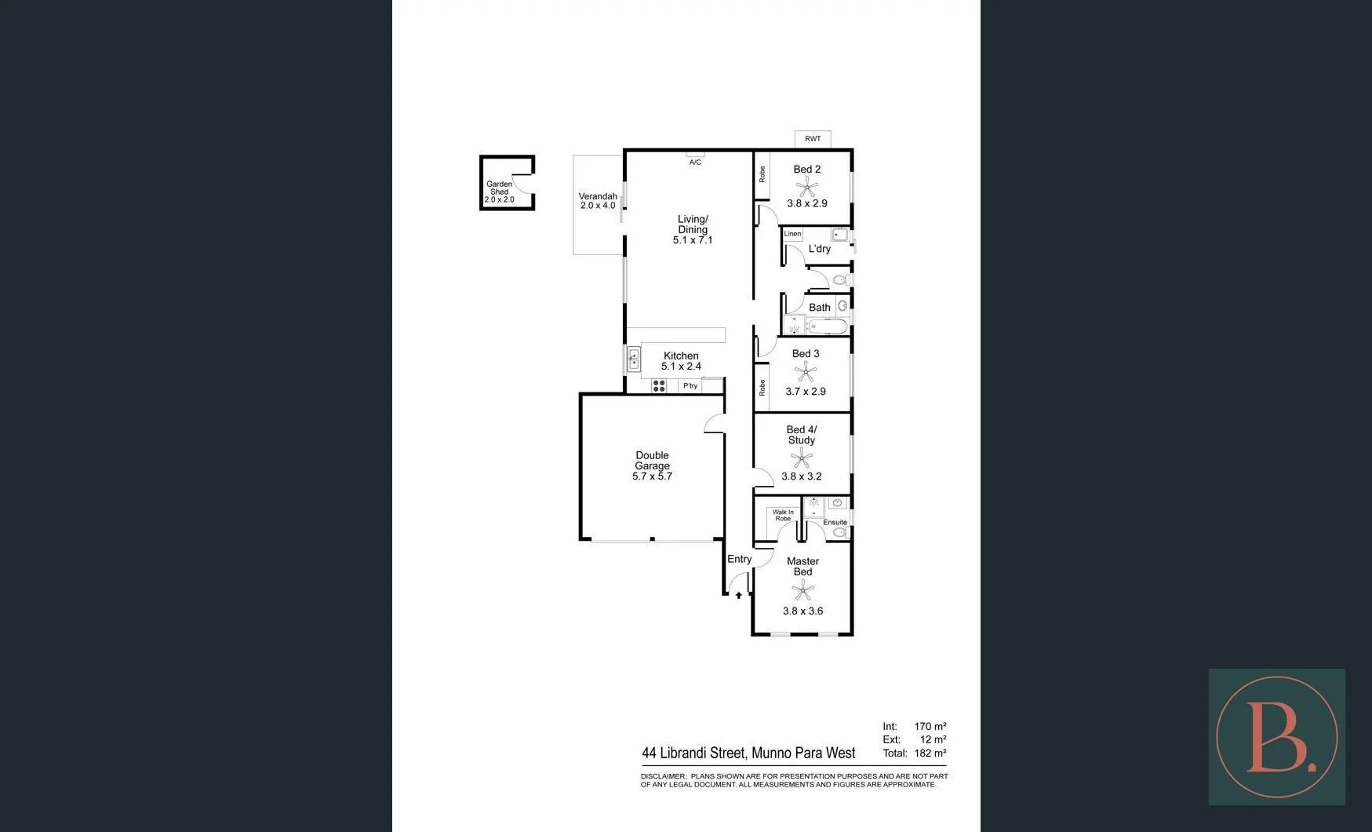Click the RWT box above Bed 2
tap(813, 139)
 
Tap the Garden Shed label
tap(500, 188)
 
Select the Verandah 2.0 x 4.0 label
tap(598, 201)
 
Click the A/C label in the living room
tap(695, 162)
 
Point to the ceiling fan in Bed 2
tap(807, 187)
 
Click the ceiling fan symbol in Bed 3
tap(806, 372)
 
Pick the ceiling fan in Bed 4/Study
tap(801, 458)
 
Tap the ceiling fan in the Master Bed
tap(802, 590)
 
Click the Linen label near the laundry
tap(792, 234)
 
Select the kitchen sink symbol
tap(634, 359)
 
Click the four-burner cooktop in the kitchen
tap(659, 385)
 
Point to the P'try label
tap(690, 386)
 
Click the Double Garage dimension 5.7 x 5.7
tap(652, 476)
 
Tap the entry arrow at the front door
tap(738, 595)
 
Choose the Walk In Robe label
tap(783, 515)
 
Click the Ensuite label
tap(835, 522)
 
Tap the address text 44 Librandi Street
tap(693, 754)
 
